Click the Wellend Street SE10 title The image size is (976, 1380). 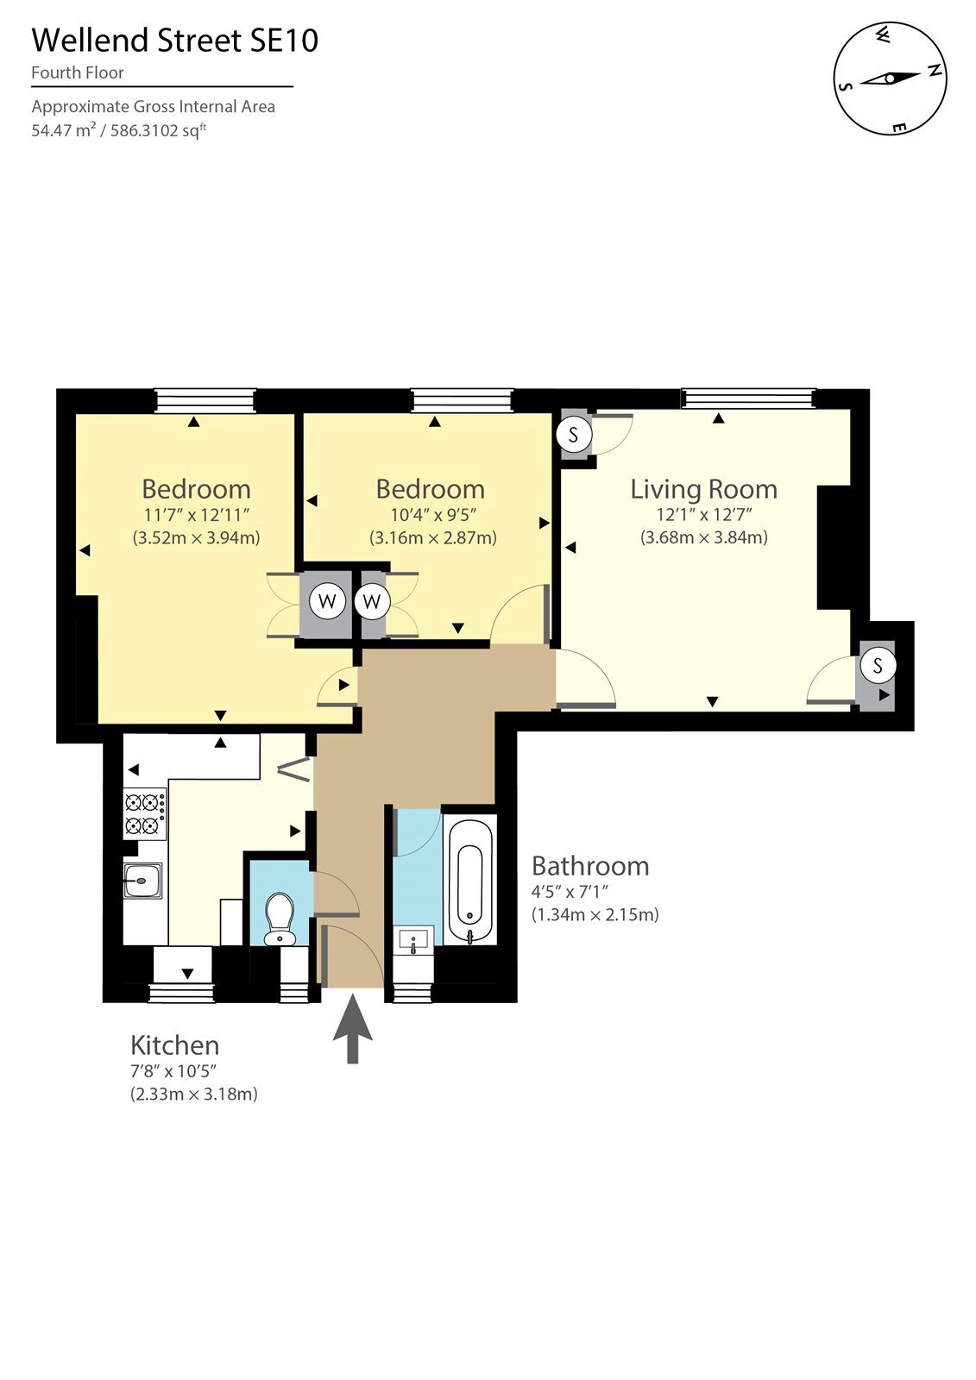[x=175, y=41]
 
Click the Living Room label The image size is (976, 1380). [x=703, y=489]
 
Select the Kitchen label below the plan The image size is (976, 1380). [x=174, y=1045]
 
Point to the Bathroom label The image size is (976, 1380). [x=590, y=866]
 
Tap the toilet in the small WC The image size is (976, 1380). [x=280, y=919]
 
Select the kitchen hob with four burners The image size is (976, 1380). [x=145, y=814]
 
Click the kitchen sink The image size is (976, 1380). [x=142, y=881]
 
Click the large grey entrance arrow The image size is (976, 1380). [x=353, y=1028]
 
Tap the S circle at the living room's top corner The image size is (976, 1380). [x=574, y=435]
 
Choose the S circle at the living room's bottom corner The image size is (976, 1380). [x=878, y=665]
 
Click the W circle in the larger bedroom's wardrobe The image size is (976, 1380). [x=327, y=600]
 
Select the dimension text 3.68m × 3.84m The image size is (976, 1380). [x=704, y=537]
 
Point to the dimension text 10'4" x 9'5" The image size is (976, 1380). [x=433, y=514]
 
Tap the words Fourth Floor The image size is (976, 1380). [x=78, y=72]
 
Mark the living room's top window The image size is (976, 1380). [x=748, y=398]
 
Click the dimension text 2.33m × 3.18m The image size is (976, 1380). [x=193, y=1095]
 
